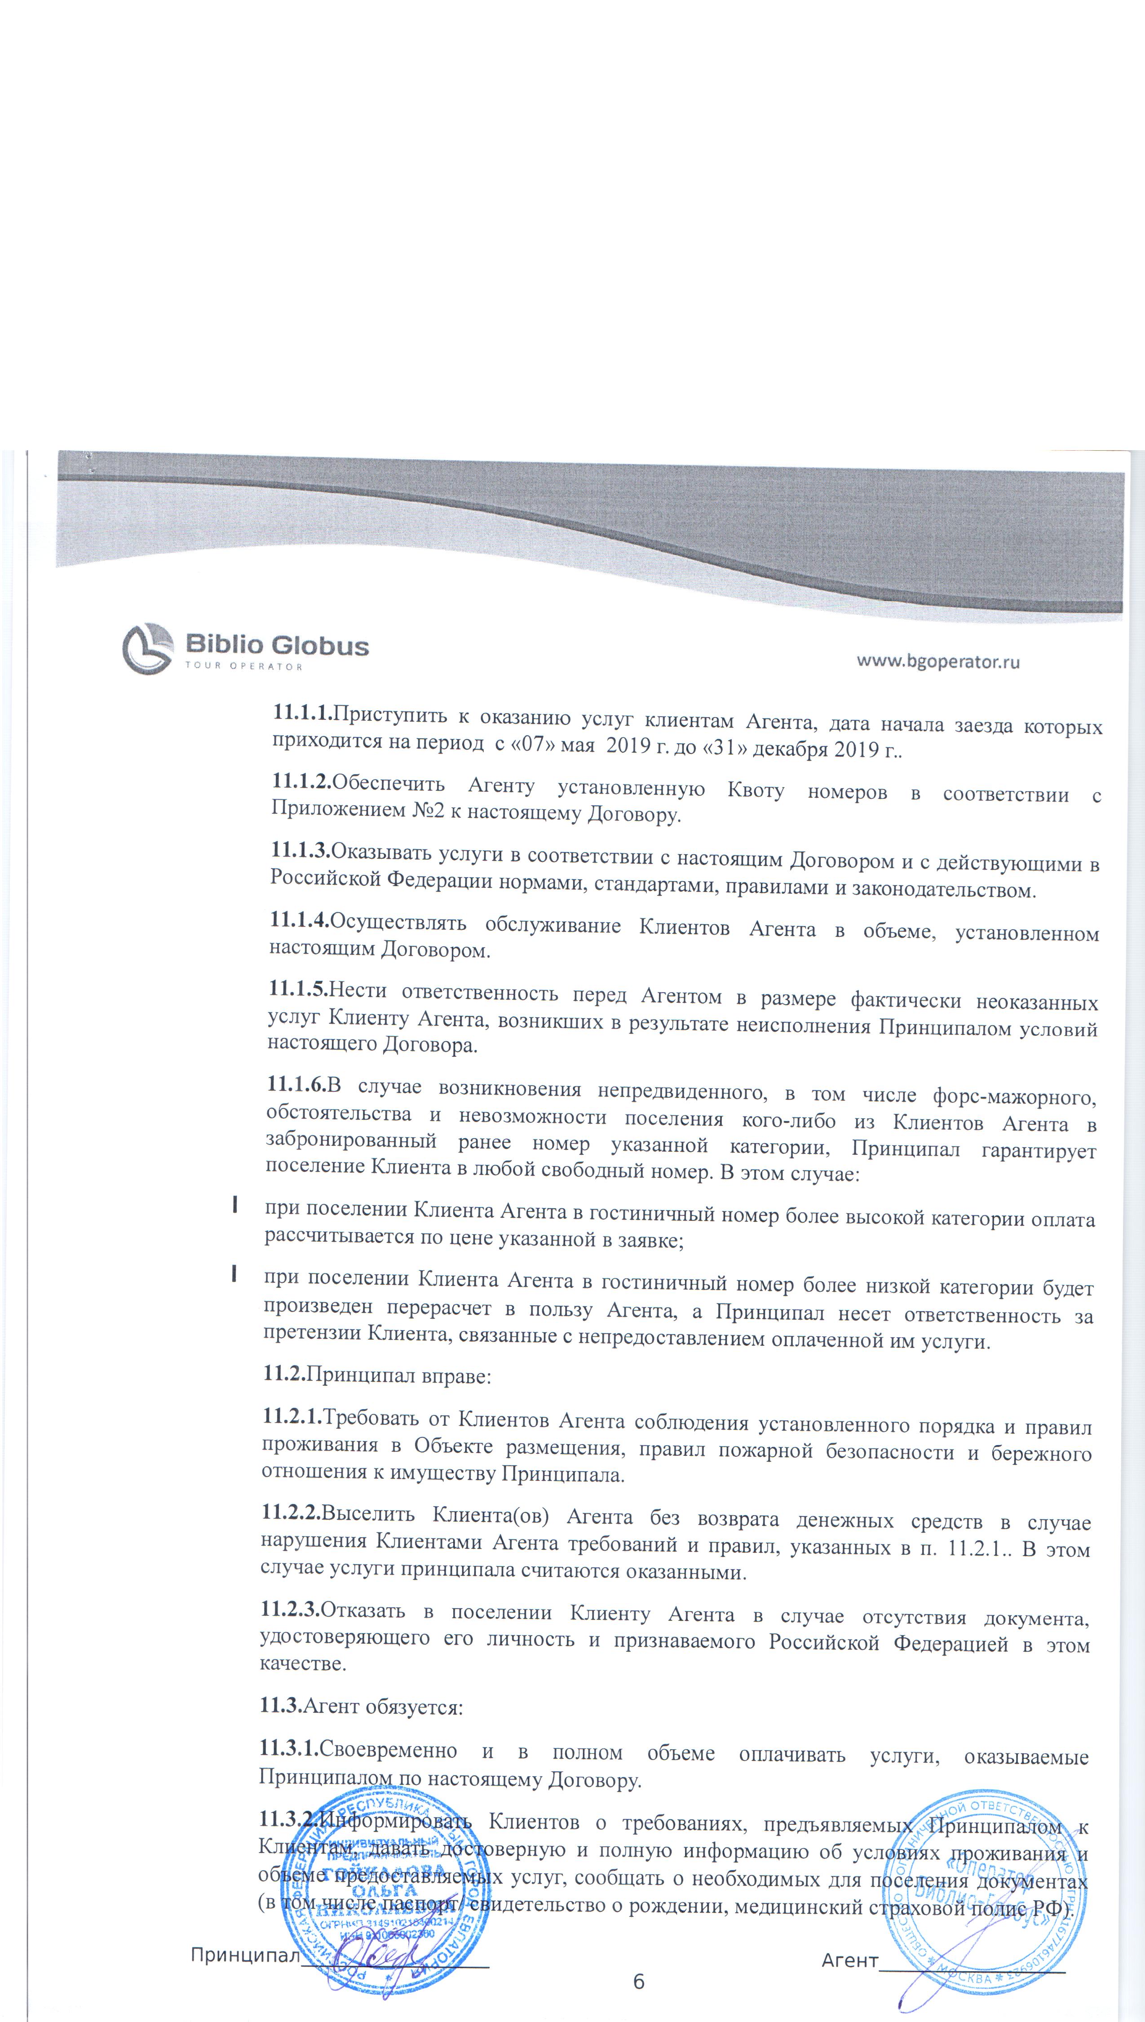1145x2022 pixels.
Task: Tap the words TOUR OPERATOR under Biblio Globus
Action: pos(244,666)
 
